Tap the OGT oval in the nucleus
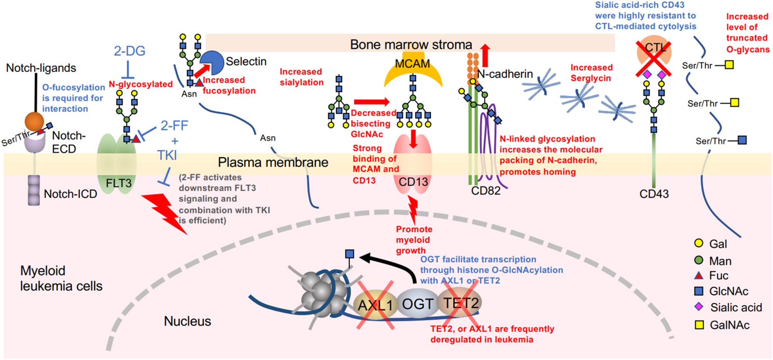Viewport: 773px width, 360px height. (417, 304)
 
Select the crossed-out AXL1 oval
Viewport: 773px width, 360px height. (375, 305)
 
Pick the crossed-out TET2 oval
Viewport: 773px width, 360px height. (460, 303)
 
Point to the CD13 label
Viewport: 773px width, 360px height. (413, 182)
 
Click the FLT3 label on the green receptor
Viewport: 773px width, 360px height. (119, 183)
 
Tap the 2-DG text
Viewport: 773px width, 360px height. (129, 51)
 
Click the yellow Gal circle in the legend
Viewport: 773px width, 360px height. (698, 243)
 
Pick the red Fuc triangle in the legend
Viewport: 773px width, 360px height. (698, 276)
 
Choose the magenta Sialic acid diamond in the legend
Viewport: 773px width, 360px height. (698, 307)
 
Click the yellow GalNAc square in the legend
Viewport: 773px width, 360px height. (699, 325)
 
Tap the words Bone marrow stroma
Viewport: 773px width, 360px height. (411, 44)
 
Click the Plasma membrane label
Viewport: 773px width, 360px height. (273, 163)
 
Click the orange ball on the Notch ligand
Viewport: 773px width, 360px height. (34, 121)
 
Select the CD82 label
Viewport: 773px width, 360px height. (486, 191)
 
